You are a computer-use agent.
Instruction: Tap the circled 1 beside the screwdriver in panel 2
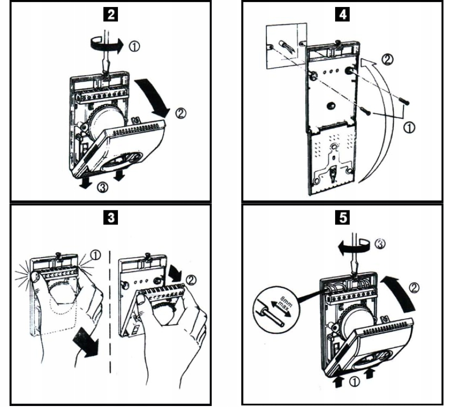coord(134,47)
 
